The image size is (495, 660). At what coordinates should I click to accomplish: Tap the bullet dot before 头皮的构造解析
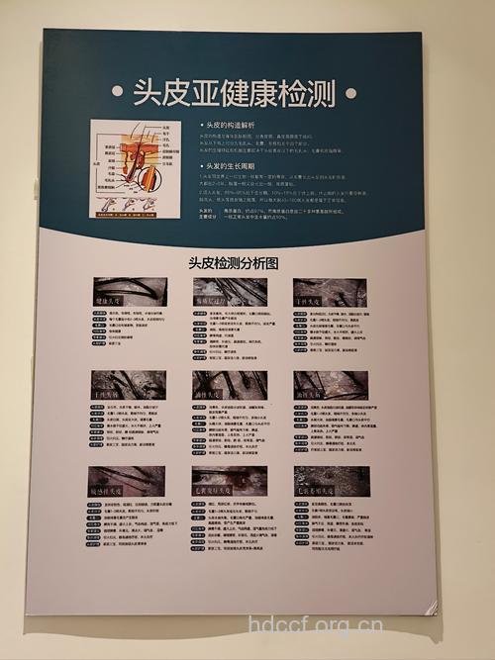click(x=201, y=127)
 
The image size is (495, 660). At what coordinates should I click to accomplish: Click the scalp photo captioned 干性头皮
click(x=330, y=291)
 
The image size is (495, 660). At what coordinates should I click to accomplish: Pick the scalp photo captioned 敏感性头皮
click(x=126, y=480)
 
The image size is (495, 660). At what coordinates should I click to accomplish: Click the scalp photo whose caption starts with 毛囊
click(x=230, y=481)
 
